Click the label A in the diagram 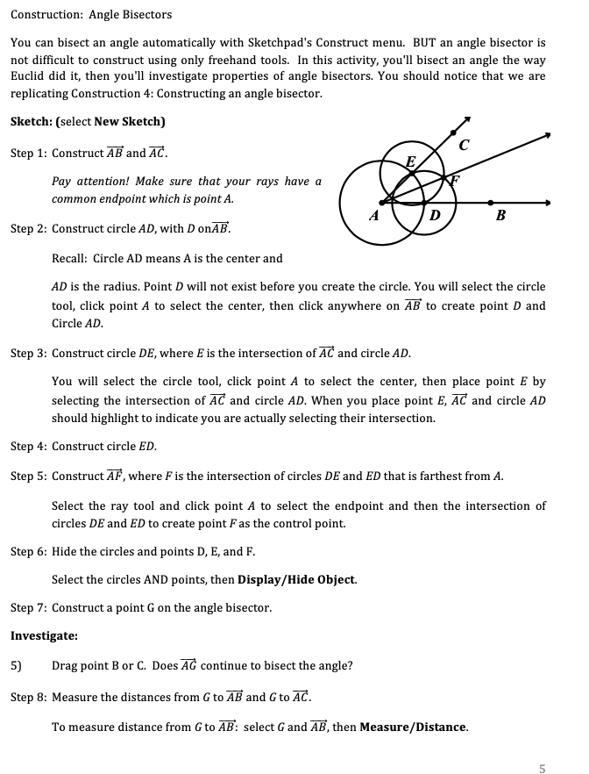374,214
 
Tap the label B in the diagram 500,215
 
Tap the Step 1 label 28,153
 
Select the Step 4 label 28,447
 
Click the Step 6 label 28,552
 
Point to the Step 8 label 28,698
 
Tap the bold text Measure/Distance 413,727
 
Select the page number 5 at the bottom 543,769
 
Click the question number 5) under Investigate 16,665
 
